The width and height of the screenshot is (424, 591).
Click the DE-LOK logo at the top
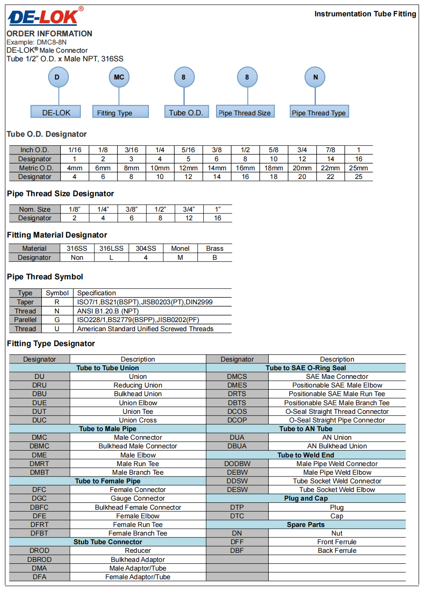(44, 17)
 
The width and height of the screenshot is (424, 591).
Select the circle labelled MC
(119, 77)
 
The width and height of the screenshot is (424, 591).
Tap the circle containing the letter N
(316, 77)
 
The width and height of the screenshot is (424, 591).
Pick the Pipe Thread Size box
(245, 113)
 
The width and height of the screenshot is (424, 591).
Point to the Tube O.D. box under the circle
(186, 113)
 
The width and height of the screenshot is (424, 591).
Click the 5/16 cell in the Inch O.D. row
(188, 150)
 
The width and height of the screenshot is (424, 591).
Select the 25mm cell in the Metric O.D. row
(358, 168)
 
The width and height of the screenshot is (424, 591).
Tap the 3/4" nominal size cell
(189, 209)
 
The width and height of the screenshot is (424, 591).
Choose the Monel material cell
(180, 248)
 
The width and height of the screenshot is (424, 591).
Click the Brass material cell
(215, 248)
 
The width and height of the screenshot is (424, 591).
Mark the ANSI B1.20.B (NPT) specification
(108, 311)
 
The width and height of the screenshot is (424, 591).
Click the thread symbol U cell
(57, 329)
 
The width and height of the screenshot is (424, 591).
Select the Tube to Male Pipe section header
(108, 429)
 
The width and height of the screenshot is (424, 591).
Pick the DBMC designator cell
(39, 446)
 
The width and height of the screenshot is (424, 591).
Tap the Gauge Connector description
(138, 498)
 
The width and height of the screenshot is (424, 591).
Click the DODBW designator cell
(237, 464)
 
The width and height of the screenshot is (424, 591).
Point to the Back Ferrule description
(337, 551)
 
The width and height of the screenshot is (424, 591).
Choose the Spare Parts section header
(306, 525)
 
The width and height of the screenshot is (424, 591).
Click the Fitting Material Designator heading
(57, 235)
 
